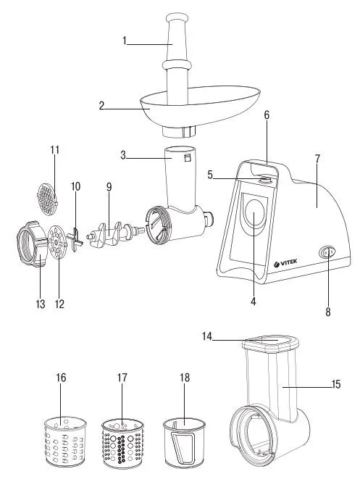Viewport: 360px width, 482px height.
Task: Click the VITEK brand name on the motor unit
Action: point(285,262)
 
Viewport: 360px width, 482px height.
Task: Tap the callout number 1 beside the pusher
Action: point(124,41)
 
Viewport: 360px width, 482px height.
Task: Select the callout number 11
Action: point(54,150)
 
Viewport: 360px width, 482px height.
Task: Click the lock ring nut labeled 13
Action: point(32,244)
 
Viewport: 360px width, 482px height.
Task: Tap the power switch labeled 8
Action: point(327,252)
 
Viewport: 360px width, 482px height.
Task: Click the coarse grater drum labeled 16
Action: point(65,441)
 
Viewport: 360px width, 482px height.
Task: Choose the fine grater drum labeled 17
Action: point(122,444)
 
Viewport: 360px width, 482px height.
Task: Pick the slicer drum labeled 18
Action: point(184,444)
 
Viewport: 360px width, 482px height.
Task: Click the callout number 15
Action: point(336,385)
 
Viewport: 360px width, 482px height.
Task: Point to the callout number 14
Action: point(207,336)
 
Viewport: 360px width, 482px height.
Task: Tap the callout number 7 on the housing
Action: point(317,159)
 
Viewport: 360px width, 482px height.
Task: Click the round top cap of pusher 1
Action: point(177,17)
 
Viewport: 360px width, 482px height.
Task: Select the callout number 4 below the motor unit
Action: point(253,302)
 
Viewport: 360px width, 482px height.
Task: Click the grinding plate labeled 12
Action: point(57,242)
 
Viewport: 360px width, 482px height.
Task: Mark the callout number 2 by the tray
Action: point(101,105)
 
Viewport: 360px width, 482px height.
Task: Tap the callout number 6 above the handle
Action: point(267,115)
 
